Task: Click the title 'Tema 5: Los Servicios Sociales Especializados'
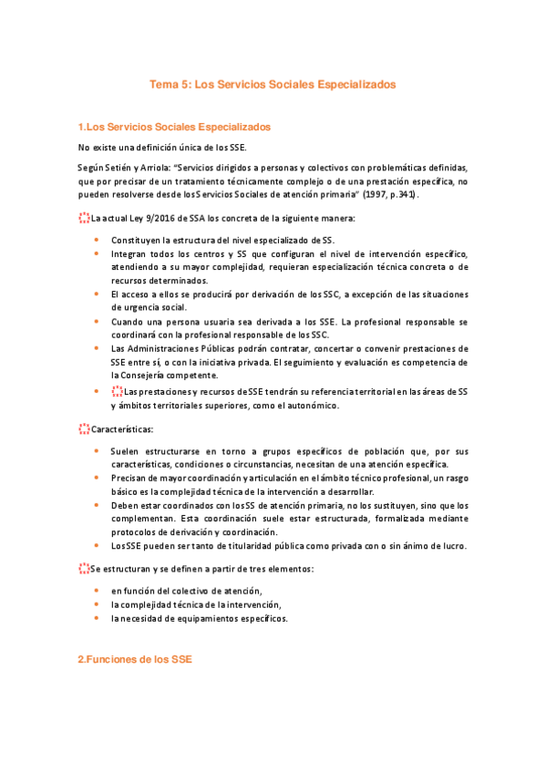pyautogui.click(x=273, y=83)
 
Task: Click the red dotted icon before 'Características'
pyautogui.click(x=84, y=428)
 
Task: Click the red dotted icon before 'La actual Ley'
pyautogui.click(x=84, y=218)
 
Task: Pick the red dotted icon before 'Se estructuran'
pyautogui.click(x=84, y=568)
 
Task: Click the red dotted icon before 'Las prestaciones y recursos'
pyautogui.click(x=116, y=391)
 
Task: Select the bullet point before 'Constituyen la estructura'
pyautogui.click(x=97, y=239)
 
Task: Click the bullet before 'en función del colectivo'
pyautogui.click(x=97, y=590)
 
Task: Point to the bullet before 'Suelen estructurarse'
pyautogui.click(x=97, y=450)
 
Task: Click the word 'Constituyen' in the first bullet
pyautogui.click(x=134, y=239)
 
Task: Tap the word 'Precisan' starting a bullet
pyautogui.click(x=129, y=478)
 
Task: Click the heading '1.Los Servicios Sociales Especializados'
pyautogui.click(x=173, y=126)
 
